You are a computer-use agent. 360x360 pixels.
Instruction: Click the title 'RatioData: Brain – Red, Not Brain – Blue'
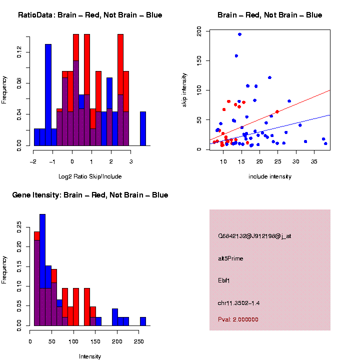[x=90, y=15]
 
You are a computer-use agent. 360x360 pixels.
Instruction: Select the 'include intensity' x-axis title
[x=269, y=176]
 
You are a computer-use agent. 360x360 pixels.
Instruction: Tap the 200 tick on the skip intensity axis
[x=199, y=31]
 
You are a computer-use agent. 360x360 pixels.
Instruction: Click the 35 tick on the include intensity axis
[x=314, y=162]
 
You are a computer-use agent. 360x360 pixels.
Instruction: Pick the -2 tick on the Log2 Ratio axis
[x=33, y=162]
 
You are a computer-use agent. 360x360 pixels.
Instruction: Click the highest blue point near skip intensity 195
[x=239, y=34]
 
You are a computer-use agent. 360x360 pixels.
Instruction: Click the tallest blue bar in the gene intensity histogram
[x=42, y=270]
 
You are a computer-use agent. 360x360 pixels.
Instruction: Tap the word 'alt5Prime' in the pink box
[x=230, y=258]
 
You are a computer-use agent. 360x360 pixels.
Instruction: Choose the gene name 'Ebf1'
[x=223, y=280]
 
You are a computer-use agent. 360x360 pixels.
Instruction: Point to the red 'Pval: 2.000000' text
[x=238, y=319]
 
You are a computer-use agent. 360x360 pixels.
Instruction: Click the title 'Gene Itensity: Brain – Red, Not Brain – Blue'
[x=90, y=195]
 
